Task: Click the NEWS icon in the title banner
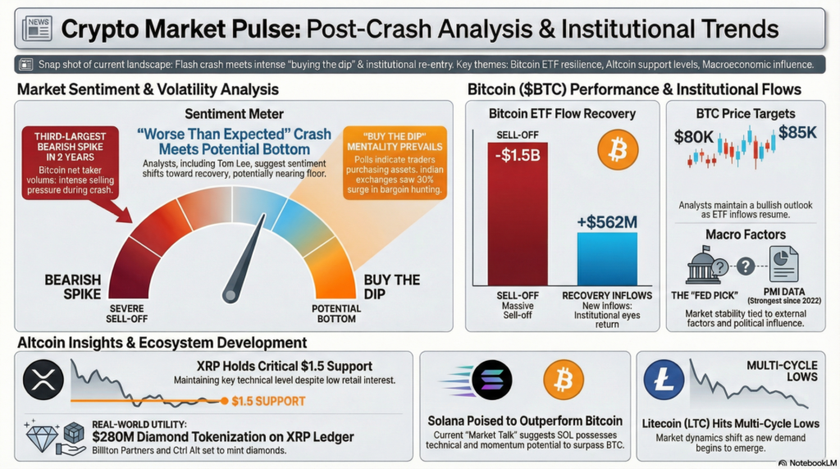(x=36, y=30)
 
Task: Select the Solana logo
(x=491, y=379)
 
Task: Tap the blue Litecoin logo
(x=664, y=380)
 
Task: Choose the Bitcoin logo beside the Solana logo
(x=564, y=379)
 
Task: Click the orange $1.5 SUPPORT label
(x=268, y=401)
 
